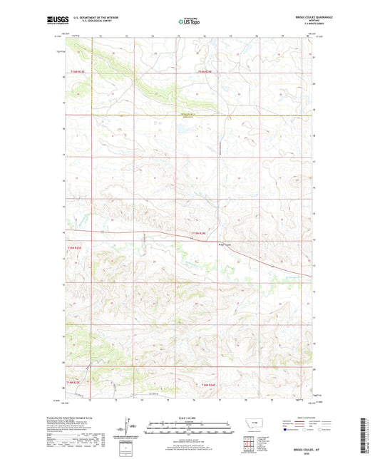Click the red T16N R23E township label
point(77,72)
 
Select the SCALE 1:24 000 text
point(189,418)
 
